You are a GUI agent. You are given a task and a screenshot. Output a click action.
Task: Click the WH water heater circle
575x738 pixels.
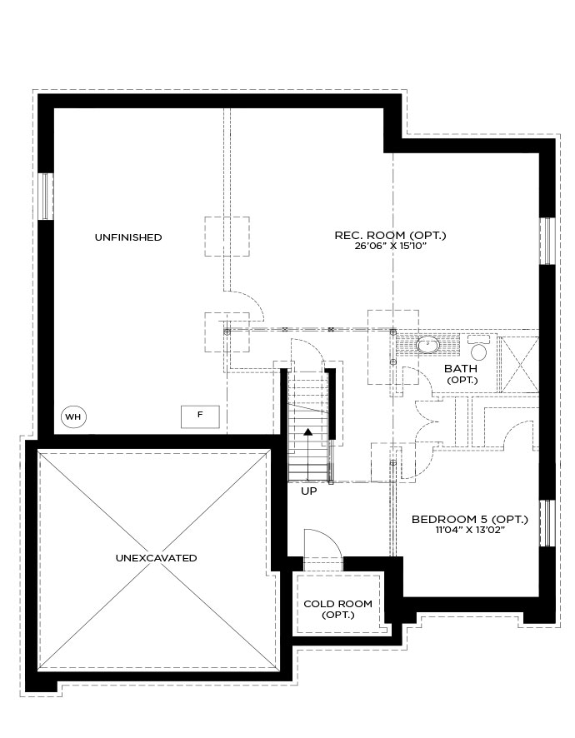pyautogui.click(x=74, y=416)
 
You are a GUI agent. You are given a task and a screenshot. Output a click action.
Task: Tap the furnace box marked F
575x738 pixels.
pyautogui.click(x=201, y=416)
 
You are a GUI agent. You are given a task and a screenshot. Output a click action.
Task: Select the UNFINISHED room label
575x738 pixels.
pyautogui.click(x=128, y=237)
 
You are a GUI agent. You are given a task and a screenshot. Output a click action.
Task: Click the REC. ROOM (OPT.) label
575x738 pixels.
pyautogui.click(x=390, y=235)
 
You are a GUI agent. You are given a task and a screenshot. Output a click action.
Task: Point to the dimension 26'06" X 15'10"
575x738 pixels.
pyautogui.click(x=390, y=246)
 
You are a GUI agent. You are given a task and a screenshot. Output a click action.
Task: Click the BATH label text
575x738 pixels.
pyautogui.click(x=461, y=368)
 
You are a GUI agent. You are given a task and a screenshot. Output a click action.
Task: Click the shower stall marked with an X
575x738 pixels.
pyautogui.click(x=518, y=364)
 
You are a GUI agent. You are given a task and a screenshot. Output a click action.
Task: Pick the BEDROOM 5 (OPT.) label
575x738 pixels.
pyautogui.click(x=469, y=519)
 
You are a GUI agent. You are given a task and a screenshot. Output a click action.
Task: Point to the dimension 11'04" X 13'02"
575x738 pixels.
pyautogui.click(x=470, y=530)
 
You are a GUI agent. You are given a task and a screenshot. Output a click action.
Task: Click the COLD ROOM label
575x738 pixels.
pyautogui.click(x=338, y=603)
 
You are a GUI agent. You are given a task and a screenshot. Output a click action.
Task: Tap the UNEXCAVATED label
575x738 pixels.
pyautogui.click(x=157, y=558)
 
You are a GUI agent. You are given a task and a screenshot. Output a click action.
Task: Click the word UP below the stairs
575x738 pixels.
pyautogui.click(x=309, y=491)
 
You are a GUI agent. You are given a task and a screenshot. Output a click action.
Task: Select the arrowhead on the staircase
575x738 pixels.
pyautogui.click(x=308, y=431)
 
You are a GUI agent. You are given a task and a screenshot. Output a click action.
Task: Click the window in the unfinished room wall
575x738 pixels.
pyautogui.click(x=46, y=196)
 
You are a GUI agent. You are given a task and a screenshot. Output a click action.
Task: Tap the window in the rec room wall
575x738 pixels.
pyautogui.click(x=547, y=241)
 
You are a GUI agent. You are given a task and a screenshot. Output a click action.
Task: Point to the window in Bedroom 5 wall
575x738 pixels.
pyautogui.click(x=547, y=523)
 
